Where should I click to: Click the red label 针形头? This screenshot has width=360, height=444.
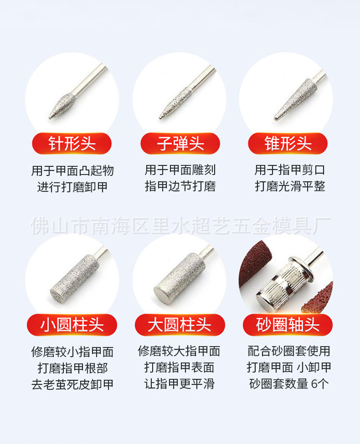[x=72, y=143]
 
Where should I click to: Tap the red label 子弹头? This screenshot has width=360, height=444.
[x=180, y=143]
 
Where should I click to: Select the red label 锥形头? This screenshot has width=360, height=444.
[x=288, y=143]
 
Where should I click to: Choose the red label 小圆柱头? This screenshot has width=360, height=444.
[x=72, y=325]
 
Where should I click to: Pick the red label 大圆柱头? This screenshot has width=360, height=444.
[x=180, y=325]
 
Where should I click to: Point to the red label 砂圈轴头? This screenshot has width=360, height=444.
[x=288, y=325]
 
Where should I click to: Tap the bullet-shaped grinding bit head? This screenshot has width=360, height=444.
[x=175, y=103]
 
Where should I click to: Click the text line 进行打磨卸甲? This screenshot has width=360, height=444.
[x=72, y=187]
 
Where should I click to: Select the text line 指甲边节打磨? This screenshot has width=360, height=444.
[x=180, y=187]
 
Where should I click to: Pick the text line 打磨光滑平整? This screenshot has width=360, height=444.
[x=290, y=187]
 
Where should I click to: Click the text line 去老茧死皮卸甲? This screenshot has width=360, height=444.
[x=72, y=384]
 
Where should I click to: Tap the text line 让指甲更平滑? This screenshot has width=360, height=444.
[x=179, y=384]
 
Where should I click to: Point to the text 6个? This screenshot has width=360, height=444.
[x=320, y=384]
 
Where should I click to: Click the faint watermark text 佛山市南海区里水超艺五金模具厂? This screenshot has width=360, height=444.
[x=180, y=226]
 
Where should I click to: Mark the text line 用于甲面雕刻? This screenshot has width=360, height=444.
[x=180, y=170]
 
